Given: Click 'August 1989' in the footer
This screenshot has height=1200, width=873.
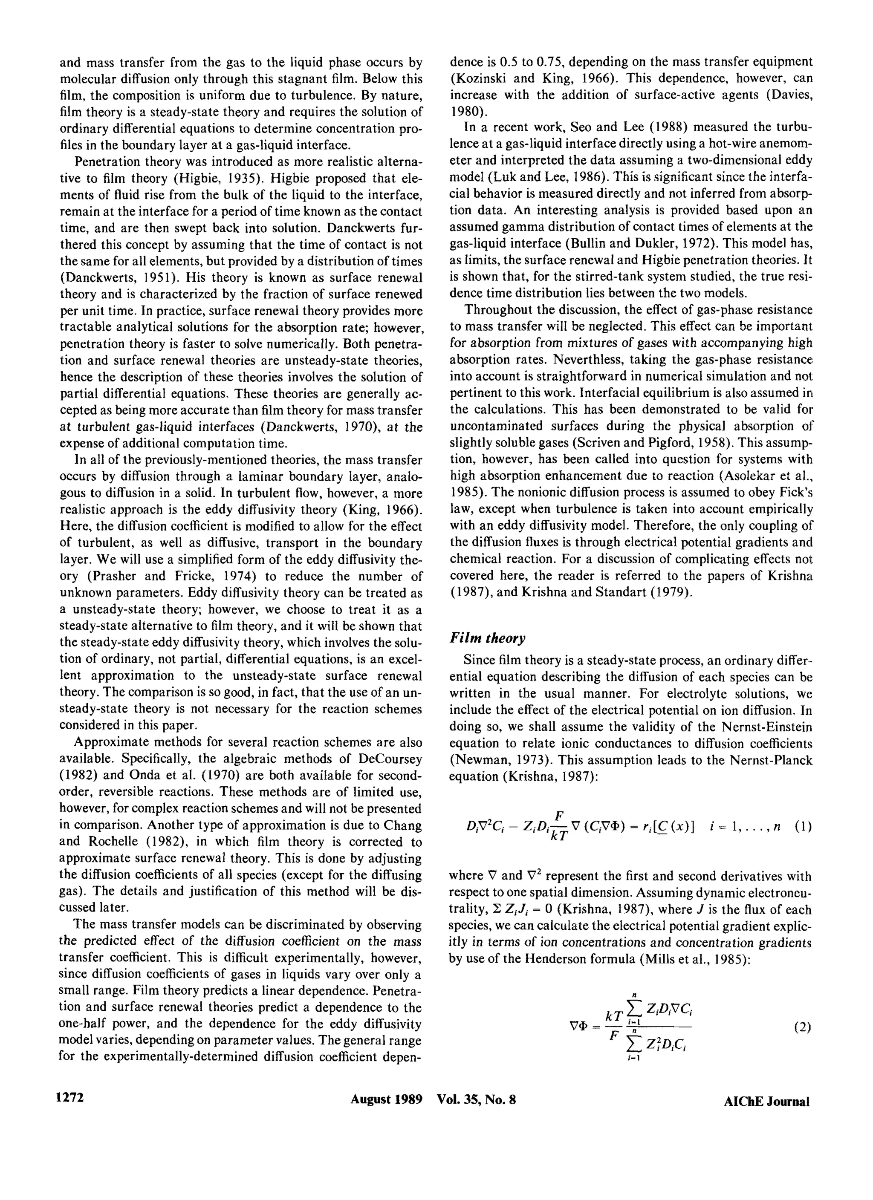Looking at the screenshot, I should pyautogui.click(x=386, y=1099).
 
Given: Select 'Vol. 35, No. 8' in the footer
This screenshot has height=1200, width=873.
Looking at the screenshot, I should pyautogui.click(x=476, y=1099).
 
